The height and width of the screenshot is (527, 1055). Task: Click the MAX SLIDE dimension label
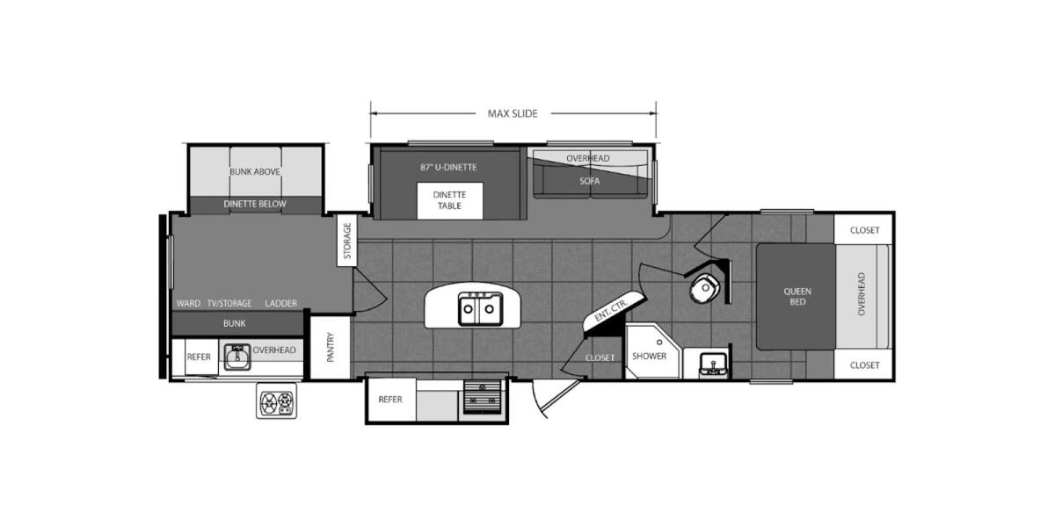(513, 113)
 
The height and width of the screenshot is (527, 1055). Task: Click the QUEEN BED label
(797, 296)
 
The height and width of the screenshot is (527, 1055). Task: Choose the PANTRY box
(331, 347)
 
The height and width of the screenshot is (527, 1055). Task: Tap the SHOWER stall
(650, 355)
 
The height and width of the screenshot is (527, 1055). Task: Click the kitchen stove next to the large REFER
(482, 399)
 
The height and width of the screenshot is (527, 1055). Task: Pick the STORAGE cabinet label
(347, 241)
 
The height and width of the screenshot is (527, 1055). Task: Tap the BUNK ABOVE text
(255, 171)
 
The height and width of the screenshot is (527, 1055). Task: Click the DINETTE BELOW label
(255, 204)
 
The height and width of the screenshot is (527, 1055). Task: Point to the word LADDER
(280, 303)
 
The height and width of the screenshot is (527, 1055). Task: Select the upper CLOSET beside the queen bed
(864, 230)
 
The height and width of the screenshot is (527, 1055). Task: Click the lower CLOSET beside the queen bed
(864, 365)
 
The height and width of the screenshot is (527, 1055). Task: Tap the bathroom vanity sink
(713, 363)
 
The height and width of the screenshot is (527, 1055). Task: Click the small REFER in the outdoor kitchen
(198, 356)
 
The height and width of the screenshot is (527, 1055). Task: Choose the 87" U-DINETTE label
(448, 166)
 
